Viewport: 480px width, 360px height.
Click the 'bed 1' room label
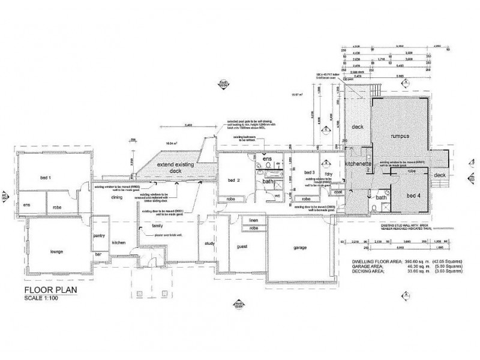[x=46, y=178]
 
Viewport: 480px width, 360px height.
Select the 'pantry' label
[x=100, y=235]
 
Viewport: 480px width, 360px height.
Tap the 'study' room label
[x=209, y=243]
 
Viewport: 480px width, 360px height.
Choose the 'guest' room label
[x=242, y=247]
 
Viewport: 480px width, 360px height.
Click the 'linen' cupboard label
[x=253, y=220]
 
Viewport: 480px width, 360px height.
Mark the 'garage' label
[x=300, y=247]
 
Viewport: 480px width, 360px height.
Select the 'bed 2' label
[x=234, y=179]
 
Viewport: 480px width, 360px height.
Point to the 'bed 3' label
[x=310, y=172]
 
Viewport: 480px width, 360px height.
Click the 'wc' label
[x=277, y=195]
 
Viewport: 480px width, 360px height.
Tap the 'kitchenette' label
[x=359, y=163]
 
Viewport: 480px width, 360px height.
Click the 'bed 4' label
[x=414, y=195]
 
